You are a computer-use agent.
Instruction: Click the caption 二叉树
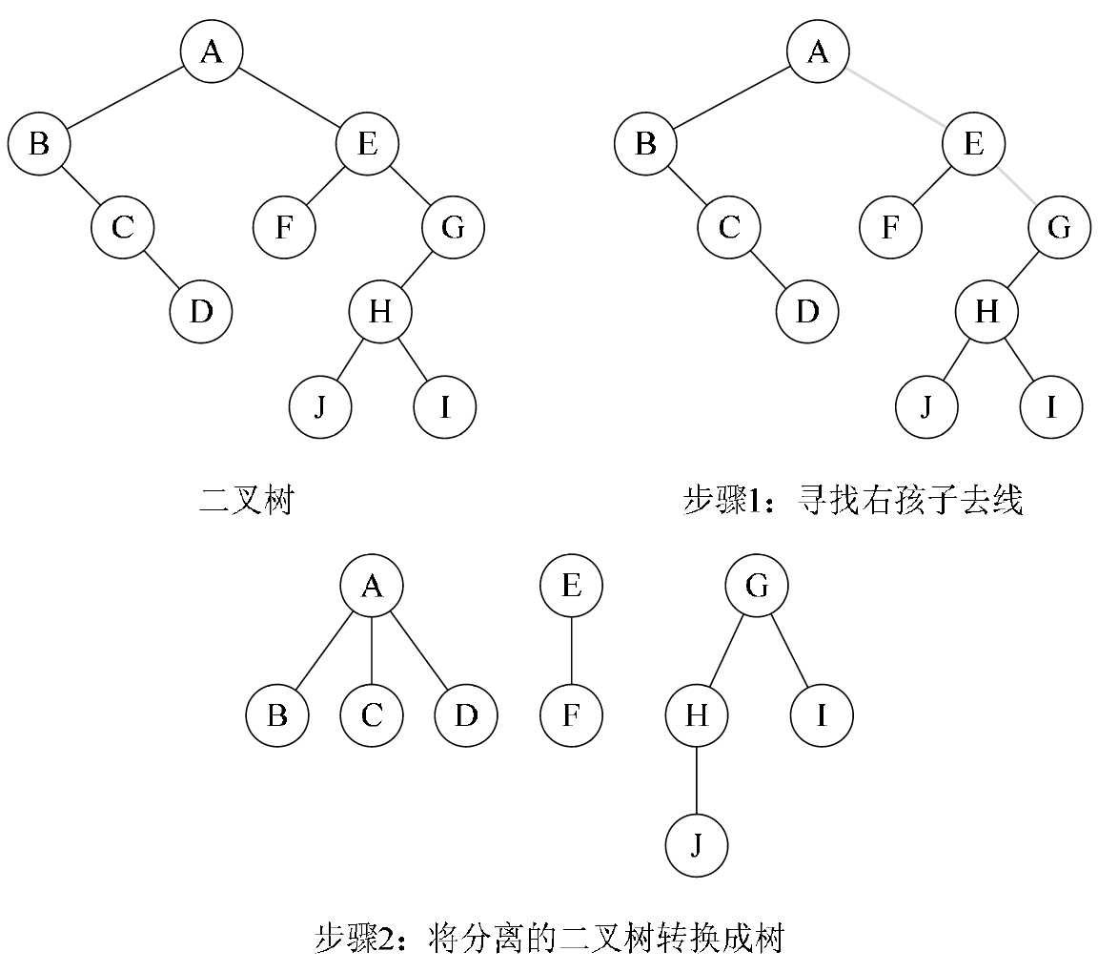245,500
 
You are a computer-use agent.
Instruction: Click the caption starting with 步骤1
853,500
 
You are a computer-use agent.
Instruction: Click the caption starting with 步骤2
548,938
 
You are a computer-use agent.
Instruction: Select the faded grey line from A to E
896,97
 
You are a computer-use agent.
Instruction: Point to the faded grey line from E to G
1017,187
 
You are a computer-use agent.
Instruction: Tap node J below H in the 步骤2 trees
696,845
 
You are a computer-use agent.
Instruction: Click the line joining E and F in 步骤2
571,651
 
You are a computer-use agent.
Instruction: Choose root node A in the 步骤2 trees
372,585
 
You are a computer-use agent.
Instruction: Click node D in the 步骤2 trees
465,714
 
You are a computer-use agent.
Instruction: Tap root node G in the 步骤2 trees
756,585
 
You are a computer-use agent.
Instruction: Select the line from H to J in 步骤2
696,780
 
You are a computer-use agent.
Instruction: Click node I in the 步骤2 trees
821,714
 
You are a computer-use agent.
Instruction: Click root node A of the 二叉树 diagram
212,51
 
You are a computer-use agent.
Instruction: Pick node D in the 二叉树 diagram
200,311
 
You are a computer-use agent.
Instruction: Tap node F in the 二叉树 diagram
284,228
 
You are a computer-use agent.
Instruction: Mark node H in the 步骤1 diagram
986,311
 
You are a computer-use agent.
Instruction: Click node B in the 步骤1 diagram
645,144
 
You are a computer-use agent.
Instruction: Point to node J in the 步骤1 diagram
926,407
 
